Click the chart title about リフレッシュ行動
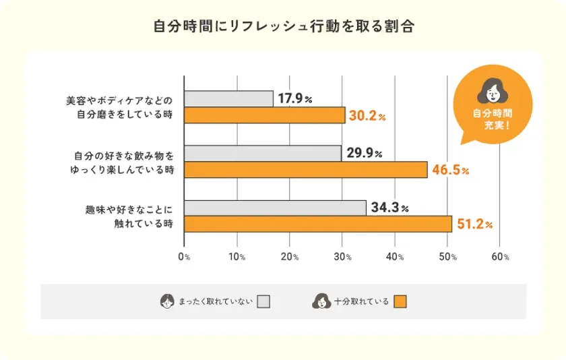[x=283, y=28]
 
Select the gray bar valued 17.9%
[x=228, y=98]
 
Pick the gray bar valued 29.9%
[x=262, y=153]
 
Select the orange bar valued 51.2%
[x=317, y=224]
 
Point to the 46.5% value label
[x=451, y=170]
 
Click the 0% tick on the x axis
[x=184, y=257]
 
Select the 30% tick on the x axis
[x=342, y=257]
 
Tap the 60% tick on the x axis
[x=501, y=257]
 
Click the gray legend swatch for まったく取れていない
[x=263, y=301]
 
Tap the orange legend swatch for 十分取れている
[x=401, y=301]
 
